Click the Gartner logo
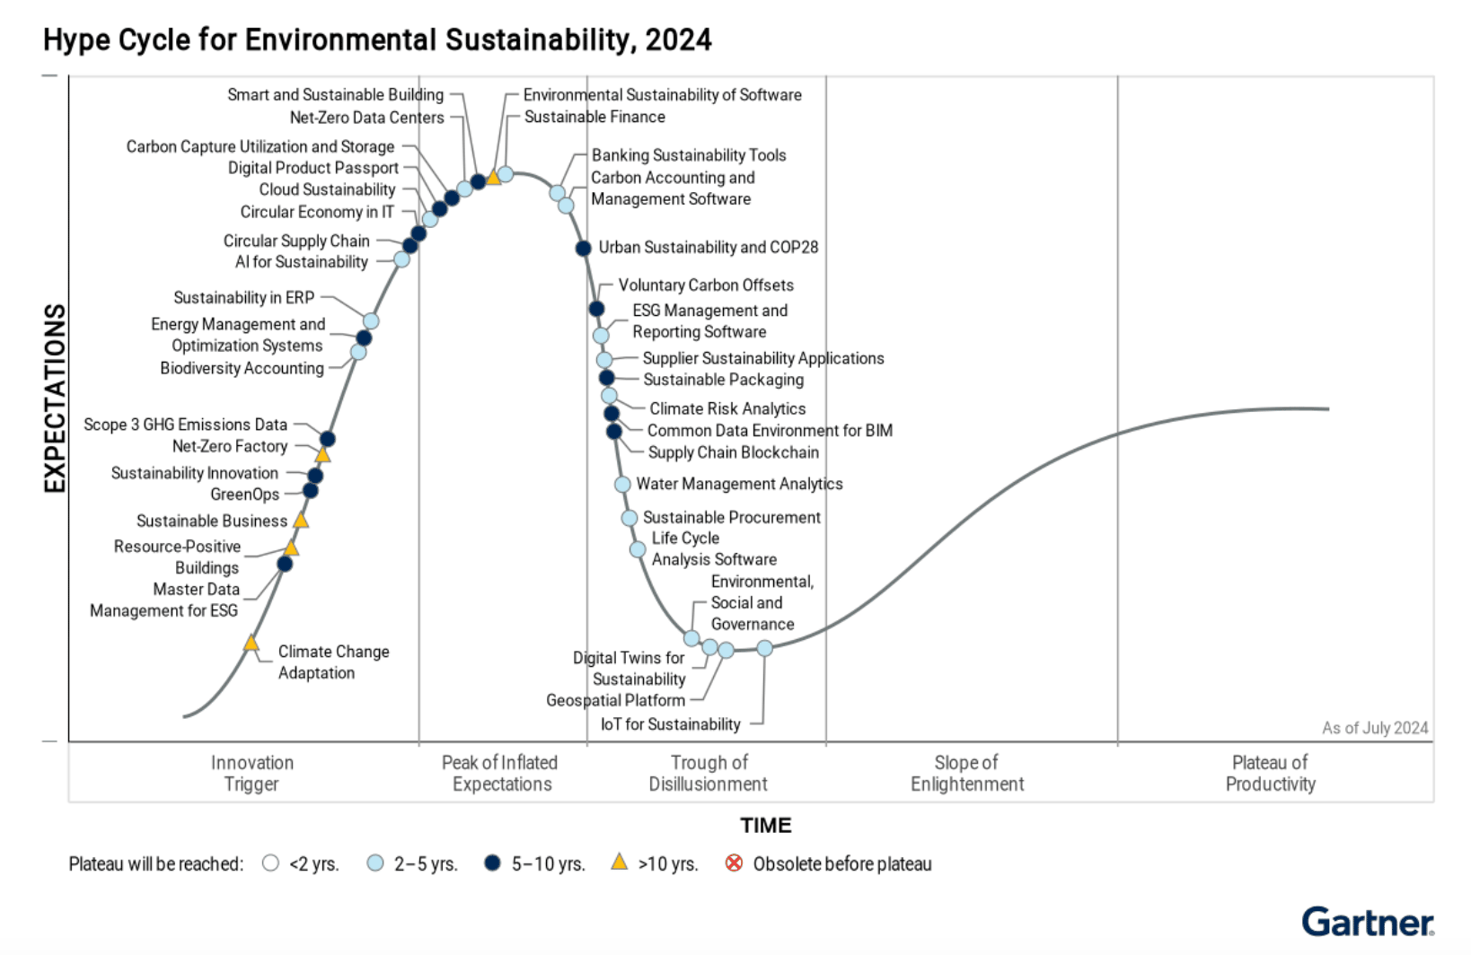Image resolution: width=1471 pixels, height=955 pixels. pyautogui.click(x=1367, y=923)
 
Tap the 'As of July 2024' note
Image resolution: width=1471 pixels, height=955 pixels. pyautogui.click(x=1374, y=728)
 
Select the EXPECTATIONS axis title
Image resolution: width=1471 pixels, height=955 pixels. pyautogui.click(x=56, y=398)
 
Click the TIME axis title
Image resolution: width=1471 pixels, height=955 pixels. pyautogui.click(x=765, y=826)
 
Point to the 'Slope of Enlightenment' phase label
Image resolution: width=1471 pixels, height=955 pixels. pyautogui.click(x=966, y=773)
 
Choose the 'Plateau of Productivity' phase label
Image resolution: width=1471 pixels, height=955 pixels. pyautogui.click(x=1270, y=773)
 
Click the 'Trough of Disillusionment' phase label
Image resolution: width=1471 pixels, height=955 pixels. pyautogui.click(x=709, y=773)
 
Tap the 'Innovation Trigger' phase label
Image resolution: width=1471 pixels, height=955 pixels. pyautogui.click(x=251, y=773)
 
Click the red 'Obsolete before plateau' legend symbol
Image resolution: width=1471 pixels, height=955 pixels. pyautogui.click(x=734, y=863)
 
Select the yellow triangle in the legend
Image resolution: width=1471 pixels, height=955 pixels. pyautogui.click(x=619, y=863)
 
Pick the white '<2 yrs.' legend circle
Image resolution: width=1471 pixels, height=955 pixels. pyautogui.click(x=270, y=863)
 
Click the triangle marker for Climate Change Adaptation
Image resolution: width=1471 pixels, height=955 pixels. pyautogui.click(x=251, y=644)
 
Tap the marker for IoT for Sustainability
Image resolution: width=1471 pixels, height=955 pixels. pyautogui.click(x=764, y=648)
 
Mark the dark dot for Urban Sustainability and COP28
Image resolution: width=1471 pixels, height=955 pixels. pyautogui.click(x=583, y=249)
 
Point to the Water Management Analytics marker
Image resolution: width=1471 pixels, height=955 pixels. pyautogui.click(x=622, y=485)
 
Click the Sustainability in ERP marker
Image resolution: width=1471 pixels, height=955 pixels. pyautogui.click(x=371, y=321)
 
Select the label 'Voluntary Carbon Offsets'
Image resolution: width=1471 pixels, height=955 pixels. pyautogui.click(x=706, y=285)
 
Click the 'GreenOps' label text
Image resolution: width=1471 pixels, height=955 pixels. pyautogui.click(x=244, y=495)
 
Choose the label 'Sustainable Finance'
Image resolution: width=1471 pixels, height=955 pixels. pyautogui.click(x=595, y=117)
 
